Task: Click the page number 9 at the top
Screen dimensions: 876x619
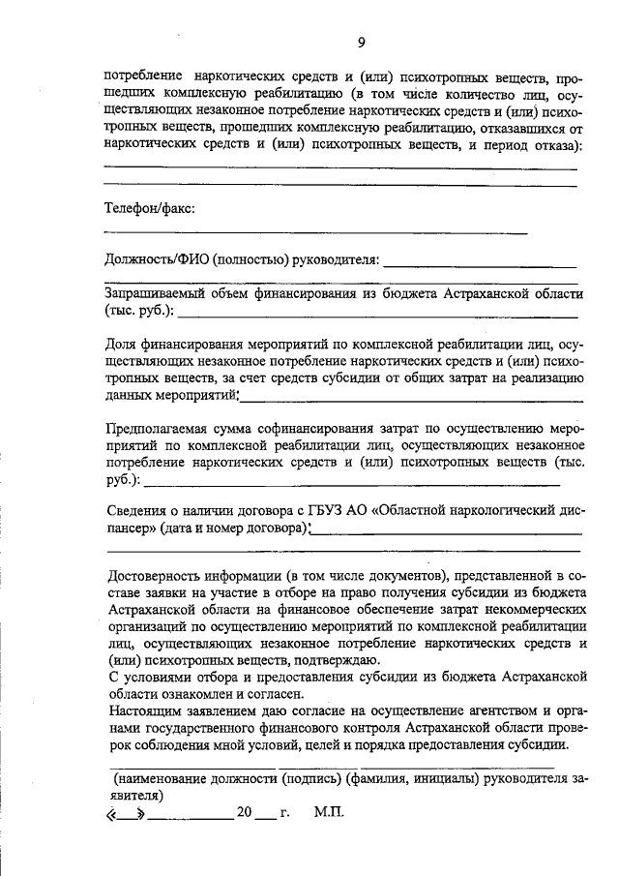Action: [360, 42]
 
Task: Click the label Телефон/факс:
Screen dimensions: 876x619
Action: [150, 207]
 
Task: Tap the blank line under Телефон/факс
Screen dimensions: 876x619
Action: [315, 233]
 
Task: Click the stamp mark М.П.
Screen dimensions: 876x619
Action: [329, 813]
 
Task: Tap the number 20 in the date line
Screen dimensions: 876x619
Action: [243, 813]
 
